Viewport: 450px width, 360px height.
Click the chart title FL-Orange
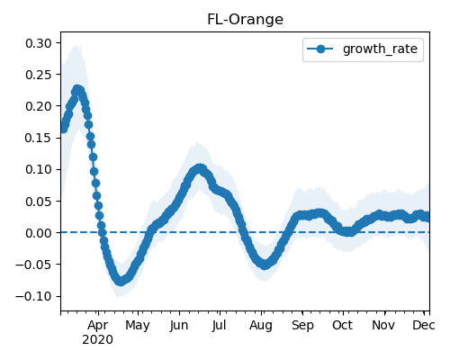[x=245, y=20]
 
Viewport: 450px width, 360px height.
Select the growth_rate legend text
[x=380, y=49]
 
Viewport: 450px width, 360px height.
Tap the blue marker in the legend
[x=320, y=49]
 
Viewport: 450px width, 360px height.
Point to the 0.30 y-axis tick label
[x=39, y=43]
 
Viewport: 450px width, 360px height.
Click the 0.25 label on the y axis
[x=39, y=75]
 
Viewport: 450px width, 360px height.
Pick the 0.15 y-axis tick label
[x=39, y=138]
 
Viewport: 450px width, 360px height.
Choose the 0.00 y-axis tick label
[x=39, y=233]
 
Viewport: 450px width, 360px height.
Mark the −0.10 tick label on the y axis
[x=33, y=296]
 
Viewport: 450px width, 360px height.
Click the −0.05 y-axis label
[x=33, y=265]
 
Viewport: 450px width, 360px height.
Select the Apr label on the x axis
[x=98, y=326]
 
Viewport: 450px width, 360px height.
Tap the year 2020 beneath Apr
[x=98, y=340]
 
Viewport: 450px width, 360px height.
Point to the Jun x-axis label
[x=179, y=326]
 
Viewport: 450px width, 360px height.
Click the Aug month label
[x=261, y=326]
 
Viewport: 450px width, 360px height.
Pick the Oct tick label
[x=343, y=325]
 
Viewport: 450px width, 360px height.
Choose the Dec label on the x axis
[x=424, y=325]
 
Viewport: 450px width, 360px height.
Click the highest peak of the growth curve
[x=77, y=90]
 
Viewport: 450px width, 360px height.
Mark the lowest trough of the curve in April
[x=121, y=281]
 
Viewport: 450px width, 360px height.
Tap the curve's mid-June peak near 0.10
[x=200, y=168]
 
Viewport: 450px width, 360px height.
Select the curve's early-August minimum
[x=264, y=265]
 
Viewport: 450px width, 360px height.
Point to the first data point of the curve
[x=63, y=129]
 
